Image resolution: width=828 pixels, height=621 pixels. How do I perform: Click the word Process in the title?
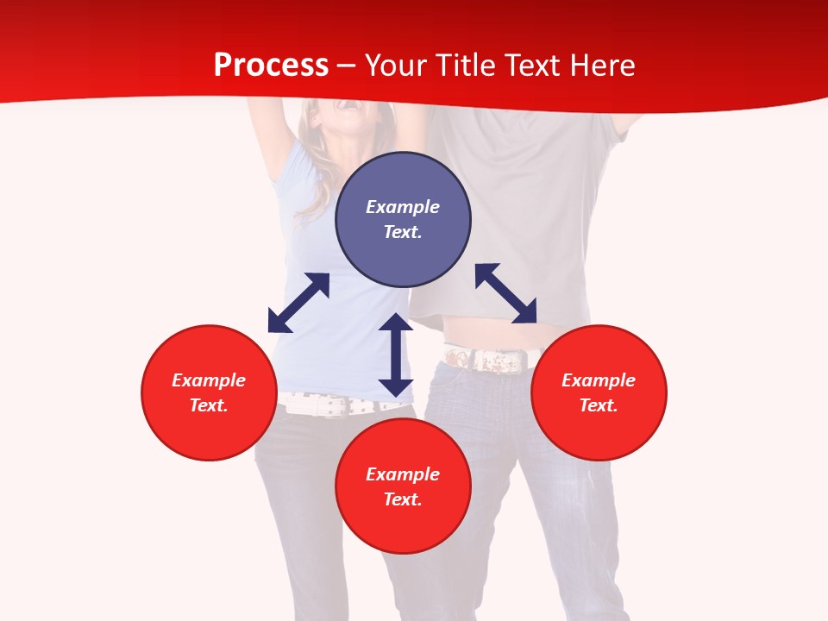[x=271, y=66]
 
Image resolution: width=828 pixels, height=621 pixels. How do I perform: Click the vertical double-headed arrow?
[x=396, y=354]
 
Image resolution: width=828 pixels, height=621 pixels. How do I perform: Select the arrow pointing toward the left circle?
[x=298, y=303]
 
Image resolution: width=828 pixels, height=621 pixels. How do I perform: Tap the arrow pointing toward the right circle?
[x=505, y=293]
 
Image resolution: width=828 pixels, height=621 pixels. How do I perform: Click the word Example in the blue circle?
[x=403, y=207]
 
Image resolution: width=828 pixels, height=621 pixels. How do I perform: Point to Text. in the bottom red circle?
[x=403, y=499]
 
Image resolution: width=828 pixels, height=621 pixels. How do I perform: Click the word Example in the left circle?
[x=209, y=380]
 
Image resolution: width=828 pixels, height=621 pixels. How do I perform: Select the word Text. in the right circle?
[x=599, y=405]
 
